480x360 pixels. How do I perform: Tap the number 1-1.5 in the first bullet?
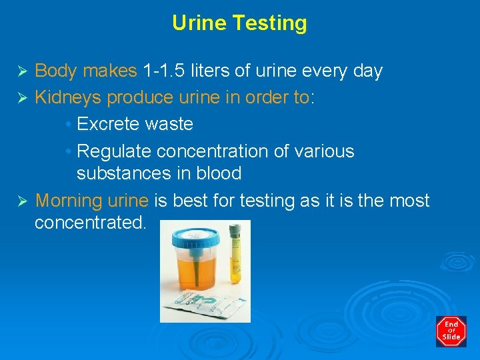tap(164, 71)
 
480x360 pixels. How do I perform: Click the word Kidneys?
tap(68, 97)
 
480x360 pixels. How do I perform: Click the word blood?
tap(218, 173)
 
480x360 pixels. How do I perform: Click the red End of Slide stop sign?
tap(451, 331)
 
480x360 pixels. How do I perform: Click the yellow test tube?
tap(234, 260)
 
